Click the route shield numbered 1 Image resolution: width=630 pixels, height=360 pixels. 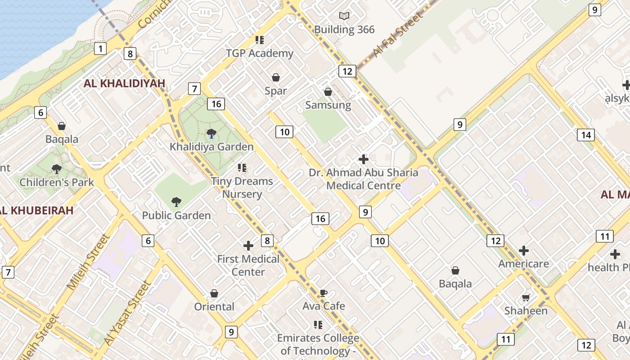point(100,49)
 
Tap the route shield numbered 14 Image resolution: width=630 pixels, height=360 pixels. point(585,135)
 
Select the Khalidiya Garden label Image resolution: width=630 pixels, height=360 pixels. point(211,147)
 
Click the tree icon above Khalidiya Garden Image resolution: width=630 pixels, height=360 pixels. point(211,134)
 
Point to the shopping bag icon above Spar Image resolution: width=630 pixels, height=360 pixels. point(276,78)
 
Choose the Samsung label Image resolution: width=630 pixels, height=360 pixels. point(328,105)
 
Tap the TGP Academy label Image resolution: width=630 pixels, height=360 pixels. point(260,53)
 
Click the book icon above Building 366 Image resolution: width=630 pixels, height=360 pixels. point(344,16)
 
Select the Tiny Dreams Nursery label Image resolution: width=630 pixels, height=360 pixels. point(242,188)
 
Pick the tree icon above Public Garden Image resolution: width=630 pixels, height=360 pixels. point(176,202)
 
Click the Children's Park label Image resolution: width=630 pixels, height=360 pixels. point(57,182)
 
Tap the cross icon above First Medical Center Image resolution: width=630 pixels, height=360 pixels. point(248,246)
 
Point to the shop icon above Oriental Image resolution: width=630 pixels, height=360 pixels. point(214,293)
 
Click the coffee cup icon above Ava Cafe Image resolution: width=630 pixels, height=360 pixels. point(323,293)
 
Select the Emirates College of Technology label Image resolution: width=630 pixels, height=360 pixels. point(318,344)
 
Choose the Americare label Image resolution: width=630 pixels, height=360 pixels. point(523,264)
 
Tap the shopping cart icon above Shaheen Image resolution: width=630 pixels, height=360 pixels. point(526,297)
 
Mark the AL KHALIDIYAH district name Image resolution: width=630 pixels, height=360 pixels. point(124,83)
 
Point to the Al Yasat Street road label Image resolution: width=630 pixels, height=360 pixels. point(127,314)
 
